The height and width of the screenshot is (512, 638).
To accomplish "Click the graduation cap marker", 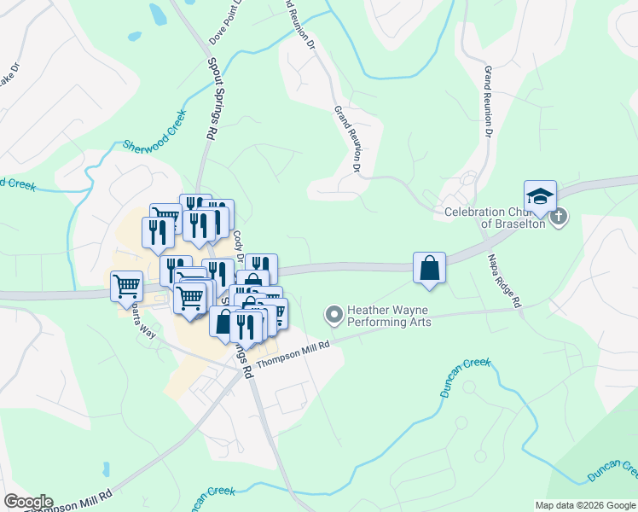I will coord(540,197).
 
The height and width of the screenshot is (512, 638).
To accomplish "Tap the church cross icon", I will coord(558,216).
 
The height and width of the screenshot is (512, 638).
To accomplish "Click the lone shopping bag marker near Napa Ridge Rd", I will coord(429,267).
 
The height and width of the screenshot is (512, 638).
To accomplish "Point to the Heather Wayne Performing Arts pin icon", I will coord(334,316).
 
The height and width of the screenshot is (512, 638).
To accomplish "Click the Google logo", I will coord(27,502).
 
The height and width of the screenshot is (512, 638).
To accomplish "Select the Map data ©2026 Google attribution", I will coord(585,505).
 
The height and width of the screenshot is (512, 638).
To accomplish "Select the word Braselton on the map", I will coord(512,224).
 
